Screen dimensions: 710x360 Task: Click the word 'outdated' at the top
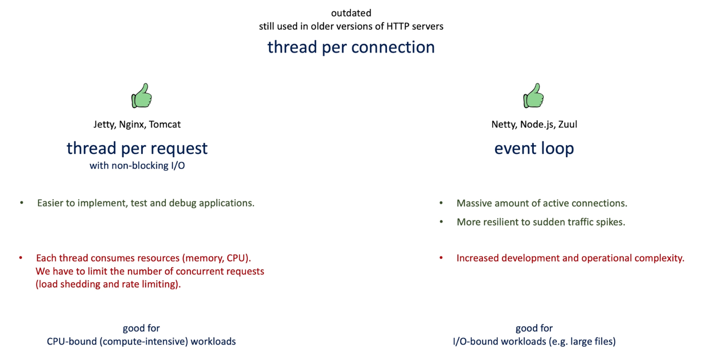click(x=351, y=13)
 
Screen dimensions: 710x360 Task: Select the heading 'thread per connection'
click(x=351, y=47)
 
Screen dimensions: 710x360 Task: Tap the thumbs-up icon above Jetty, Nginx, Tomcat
click(x=142, y=95)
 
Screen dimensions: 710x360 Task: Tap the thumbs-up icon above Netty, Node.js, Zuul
click(x=533, y=95)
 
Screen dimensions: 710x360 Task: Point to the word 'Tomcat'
click(x=164, y=124)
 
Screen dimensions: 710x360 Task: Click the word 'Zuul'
click(x=568, y=124)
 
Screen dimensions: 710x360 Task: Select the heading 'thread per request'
click(x=137, y=148)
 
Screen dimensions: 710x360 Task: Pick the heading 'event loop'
click(x=534, y=148)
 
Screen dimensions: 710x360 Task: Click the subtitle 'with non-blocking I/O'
click(x=137, y=165)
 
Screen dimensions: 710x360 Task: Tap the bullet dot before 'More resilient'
click(x=441, y=222)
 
